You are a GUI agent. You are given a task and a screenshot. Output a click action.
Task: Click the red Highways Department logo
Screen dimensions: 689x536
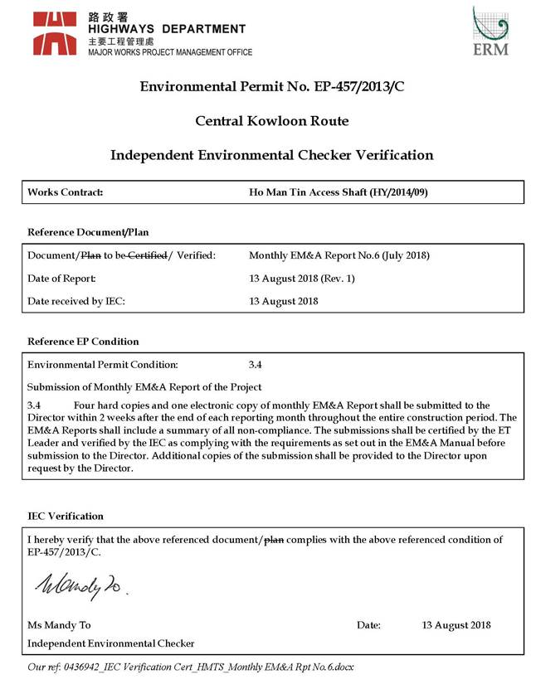coord(56,33)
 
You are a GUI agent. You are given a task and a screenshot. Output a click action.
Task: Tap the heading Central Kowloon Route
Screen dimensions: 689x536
coord(271,121)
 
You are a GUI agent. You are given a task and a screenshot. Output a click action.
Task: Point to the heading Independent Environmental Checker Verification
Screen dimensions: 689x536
coord(271,155)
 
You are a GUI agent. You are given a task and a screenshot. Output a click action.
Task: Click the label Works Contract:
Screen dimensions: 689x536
coord(65,192)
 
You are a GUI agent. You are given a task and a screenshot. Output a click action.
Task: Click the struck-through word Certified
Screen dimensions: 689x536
coord(147,255)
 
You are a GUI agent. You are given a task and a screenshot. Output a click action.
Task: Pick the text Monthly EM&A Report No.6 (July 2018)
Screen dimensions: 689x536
coord(339,255)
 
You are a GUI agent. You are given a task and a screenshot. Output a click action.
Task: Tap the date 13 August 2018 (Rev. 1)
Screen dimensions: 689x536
coord(302,279)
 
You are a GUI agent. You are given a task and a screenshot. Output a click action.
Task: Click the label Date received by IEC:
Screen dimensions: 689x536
coord(76,301)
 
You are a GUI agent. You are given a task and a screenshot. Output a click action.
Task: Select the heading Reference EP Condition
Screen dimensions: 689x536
coord(83,342)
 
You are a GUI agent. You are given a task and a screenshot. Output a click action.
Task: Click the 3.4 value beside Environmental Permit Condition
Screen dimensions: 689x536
coord(256,364)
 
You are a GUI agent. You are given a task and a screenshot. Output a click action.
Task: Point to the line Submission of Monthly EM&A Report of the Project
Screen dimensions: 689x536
coord(144,387)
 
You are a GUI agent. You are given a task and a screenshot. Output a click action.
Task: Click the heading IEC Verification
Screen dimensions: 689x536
coord(66,516)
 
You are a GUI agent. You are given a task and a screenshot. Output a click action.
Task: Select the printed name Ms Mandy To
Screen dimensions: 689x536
coord(60,625)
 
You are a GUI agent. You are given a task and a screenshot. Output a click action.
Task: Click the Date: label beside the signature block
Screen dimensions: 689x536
coord(368,625)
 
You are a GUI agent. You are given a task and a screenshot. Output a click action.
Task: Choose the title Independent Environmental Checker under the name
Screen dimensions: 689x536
coord(111,643)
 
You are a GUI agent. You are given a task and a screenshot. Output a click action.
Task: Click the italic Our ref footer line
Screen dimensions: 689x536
coord(191,666)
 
